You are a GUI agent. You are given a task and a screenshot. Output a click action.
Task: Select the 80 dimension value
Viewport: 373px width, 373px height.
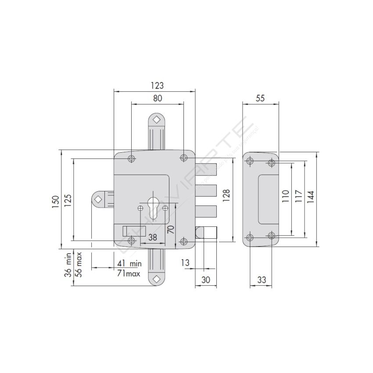[158, 99]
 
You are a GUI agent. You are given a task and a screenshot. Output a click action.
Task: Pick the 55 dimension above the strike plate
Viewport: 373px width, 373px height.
[260, 99]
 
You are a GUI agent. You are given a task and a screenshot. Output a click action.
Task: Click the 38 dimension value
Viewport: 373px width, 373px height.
[153, 237]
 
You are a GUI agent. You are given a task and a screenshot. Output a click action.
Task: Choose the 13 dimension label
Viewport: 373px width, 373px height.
[185, 263]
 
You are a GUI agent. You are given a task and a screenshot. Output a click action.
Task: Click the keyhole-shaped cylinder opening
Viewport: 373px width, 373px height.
[153, 206]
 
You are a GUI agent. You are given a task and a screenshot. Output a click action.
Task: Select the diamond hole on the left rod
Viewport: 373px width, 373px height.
[97, 200]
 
